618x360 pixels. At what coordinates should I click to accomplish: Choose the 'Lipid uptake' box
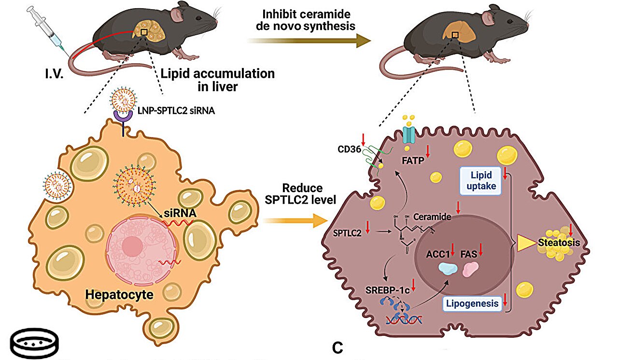click(x=480, y=180)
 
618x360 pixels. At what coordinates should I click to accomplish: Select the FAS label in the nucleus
click(x=468, y=253)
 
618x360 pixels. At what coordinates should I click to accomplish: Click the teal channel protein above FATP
click(x=409, y=132)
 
